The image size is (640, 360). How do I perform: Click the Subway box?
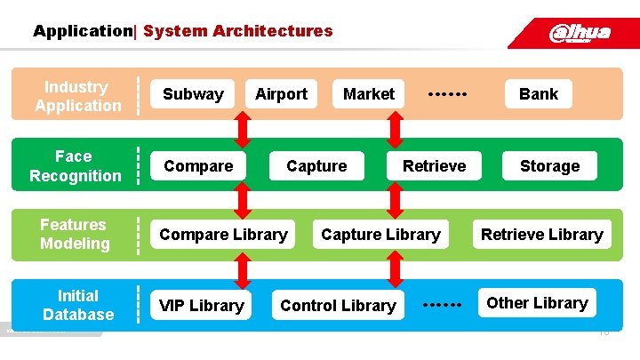click(193, 94)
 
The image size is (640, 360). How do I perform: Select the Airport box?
click(281, 94)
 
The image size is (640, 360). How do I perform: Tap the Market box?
click(369, 94)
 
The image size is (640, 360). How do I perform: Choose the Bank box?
click(539, 94)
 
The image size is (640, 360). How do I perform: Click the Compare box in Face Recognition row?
click(198, 166)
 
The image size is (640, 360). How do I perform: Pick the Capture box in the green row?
click(316, 166)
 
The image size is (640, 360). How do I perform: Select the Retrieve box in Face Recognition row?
click(434, 166)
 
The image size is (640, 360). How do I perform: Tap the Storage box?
click(549, 166)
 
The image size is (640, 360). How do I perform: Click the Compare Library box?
click(223, 235)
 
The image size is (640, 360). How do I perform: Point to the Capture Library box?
click(380, 235)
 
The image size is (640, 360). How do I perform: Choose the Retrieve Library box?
click(541, 235)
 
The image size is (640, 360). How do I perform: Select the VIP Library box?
click(201, 305)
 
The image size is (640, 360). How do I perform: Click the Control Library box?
click(338, 305)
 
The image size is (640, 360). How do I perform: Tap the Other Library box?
click(537, 303)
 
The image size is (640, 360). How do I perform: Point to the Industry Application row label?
click(77, 96)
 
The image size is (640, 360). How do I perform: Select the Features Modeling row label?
click(75, 234)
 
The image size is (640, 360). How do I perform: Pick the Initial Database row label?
click(78, 305)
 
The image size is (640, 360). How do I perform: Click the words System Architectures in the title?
click(237, 31)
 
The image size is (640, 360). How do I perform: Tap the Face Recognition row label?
click(75, 166)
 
